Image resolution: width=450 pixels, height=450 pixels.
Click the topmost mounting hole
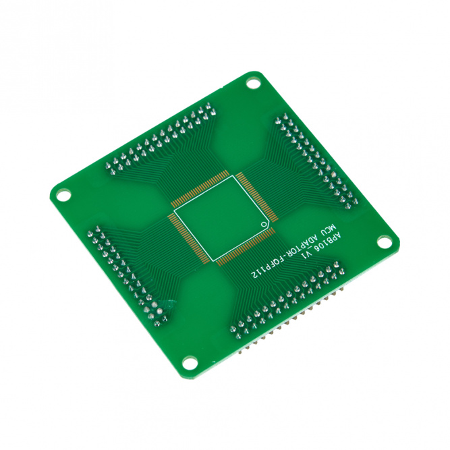[x=253, y=84]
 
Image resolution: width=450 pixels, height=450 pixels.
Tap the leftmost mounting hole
[x=63, y=196]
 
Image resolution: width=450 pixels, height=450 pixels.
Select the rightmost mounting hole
[x=385, y=242]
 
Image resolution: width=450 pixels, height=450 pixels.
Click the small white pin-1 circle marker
[x=263, y=225]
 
